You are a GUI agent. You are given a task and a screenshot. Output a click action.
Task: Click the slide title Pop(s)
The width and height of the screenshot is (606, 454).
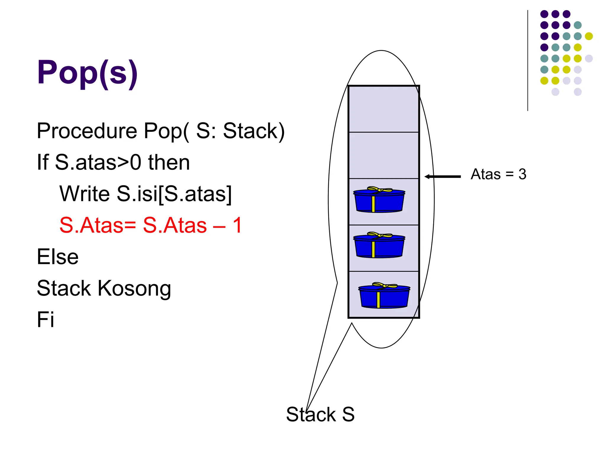point(87,72)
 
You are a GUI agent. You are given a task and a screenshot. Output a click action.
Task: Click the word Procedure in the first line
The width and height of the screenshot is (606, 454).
point(87,131)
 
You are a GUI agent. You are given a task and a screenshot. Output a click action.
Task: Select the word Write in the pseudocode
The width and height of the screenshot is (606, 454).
point(85,194)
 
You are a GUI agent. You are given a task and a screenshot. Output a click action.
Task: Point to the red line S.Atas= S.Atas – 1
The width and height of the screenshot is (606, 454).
point(151,225)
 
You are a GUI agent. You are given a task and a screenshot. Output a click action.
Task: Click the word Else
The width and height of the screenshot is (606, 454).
point(58,257)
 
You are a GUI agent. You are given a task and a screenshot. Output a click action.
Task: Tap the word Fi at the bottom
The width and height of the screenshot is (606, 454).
point(45,320)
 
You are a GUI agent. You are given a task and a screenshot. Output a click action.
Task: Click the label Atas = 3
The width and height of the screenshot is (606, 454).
point(498,174)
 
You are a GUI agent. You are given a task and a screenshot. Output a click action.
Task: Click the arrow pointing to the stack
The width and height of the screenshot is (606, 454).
point(443,176)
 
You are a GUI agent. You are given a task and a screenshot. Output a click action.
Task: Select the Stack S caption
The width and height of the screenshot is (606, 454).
point(320,414)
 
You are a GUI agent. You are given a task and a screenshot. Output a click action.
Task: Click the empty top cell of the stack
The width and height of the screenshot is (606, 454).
point(383,109)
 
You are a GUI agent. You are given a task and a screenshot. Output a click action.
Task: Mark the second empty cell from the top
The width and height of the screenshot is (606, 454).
point(383,155)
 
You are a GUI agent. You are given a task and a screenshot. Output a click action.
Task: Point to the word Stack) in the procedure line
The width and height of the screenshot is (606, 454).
point(254,131)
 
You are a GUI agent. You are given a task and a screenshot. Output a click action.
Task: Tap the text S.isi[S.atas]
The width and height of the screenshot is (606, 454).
point(174,194)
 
